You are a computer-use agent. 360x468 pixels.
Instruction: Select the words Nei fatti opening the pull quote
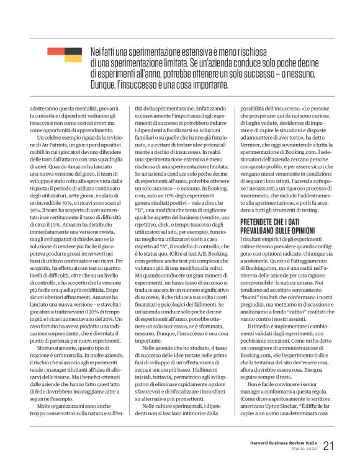click(x=104, y=51)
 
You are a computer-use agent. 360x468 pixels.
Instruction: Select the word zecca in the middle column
click(x=135, y=380)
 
